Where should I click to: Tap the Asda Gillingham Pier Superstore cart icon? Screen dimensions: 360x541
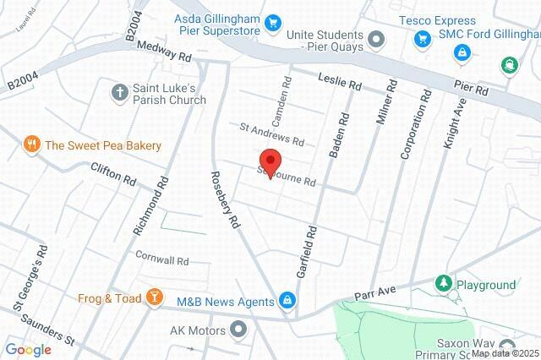click(272, 23)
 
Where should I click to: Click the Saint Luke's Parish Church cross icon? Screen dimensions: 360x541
click(121, 91)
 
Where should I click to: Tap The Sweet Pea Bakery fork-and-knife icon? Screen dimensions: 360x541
click(32, 145)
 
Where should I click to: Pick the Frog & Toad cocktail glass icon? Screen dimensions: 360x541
click(154, 297)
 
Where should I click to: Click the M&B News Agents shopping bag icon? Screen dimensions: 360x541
click(287, 301)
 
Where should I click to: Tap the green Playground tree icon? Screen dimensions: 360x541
click(442, 284)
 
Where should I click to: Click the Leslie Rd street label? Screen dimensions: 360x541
click(340, 82)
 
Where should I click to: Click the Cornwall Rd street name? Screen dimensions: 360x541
click(161, 259)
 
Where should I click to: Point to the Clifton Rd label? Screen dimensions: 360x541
click(113, 174)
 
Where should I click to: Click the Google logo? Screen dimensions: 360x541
click(29, 349)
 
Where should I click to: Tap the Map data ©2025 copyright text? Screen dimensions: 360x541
click(505, 353)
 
